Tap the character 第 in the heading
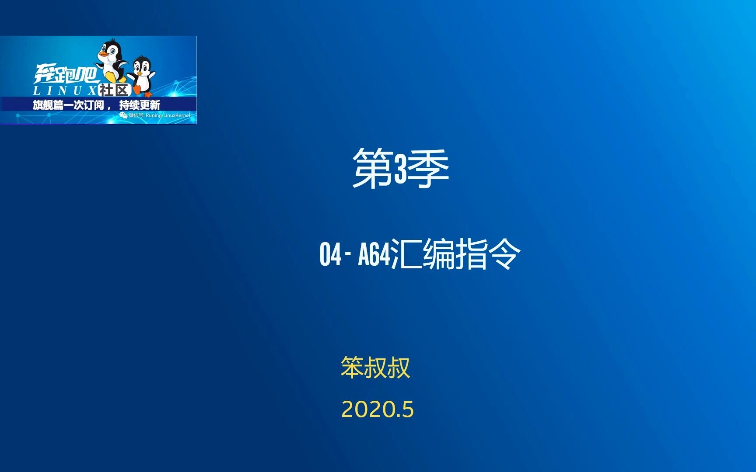coord(372,168)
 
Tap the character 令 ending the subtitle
coord(505,254)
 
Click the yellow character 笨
coord(352,367)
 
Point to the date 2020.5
coord(377,410)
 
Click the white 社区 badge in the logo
coord(114,90)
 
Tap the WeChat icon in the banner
coord(123,115)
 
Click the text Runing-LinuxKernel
coord(168,115)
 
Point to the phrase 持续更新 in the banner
coord(140,105)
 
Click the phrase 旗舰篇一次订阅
coord(68,105)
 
